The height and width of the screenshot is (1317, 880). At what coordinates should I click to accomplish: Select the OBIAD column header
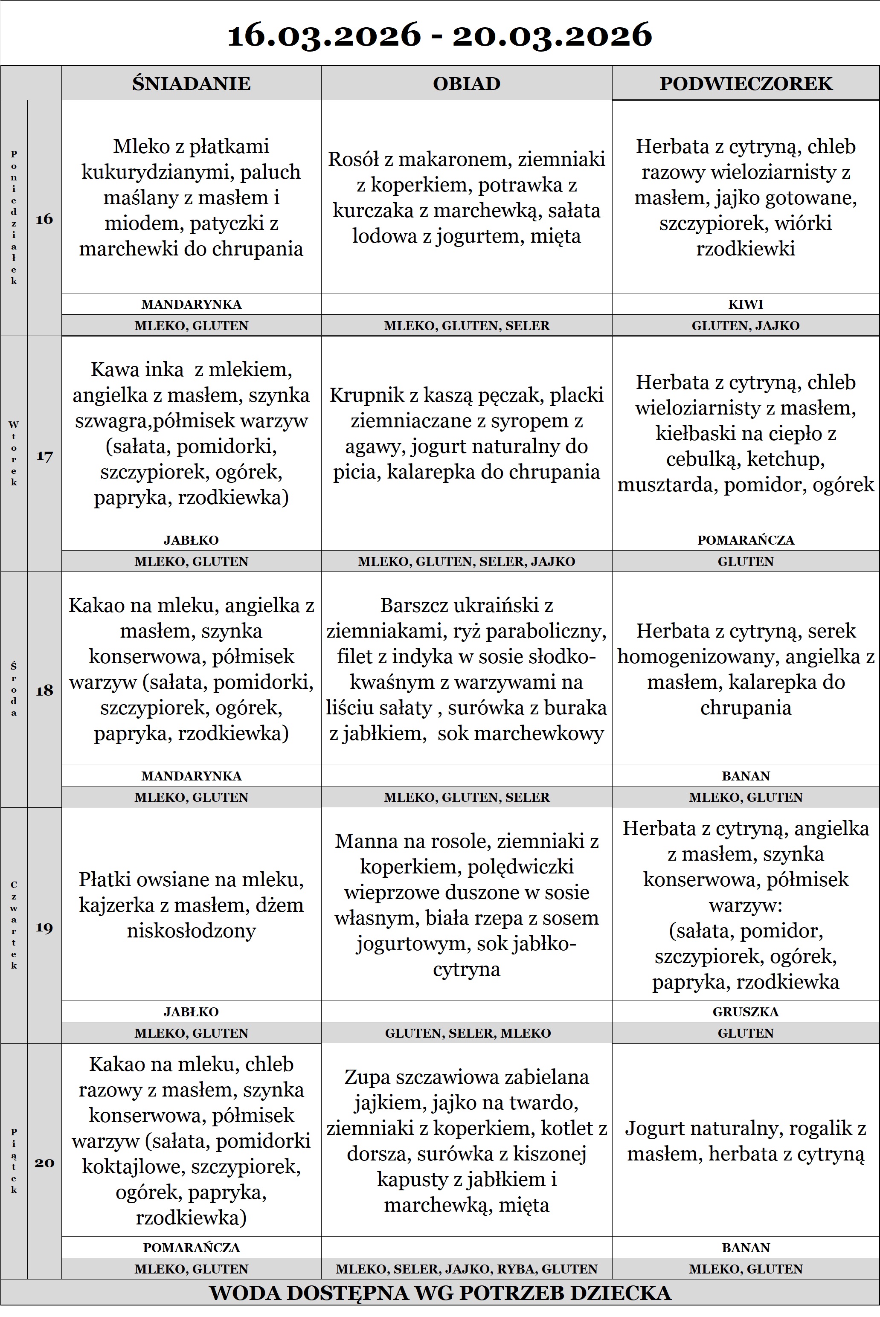(x=466, y=83)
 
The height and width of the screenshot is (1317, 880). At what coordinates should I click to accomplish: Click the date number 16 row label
(x=44, y=219)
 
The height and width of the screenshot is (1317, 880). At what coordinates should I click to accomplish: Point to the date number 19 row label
(x=44, y=927)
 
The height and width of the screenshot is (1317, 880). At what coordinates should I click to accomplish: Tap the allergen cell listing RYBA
(x=466, y=1269)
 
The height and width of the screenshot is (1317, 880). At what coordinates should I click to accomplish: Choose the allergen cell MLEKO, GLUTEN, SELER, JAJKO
(x=466, y=561)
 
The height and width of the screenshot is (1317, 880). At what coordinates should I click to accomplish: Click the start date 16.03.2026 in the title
(x=324, y=35)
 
